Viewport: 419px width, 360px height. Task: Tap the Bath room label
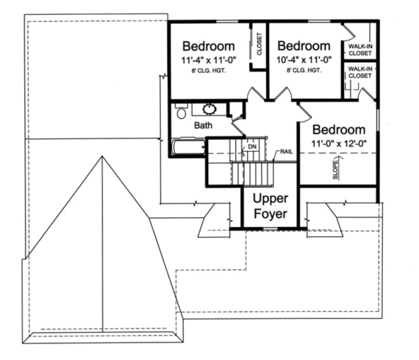point(203,125)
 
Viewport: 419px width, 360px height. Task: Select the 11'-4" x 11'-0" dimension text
point(209,60)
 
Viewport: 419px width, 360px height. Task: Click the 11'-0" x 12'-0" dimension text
point(339,144)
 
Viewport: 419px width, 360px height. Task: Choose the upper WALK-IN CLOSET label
point(360,50)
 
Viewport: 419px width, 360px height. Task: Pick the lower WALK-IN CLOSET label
point(360,72)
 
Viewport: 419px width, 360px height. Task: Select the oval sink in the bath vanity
point(209,110)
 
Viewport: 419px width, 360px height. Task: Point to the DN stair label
point(252,147)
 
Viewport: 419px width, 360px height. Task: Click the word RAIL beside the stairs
point(286,151)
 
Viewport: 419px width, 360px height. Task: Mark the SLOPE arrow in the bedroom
point(336,169)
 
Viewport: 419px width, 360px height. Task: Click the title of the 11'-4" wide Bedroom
point(209,46)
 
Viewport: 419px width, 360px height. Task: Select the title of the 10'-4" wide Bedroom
point(303,46)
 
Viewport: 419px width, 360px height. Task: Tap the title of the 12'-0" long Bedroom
point(339,130)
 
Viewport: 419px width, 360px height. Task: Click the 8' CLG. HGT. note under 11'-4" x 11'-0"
point(209,71)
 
